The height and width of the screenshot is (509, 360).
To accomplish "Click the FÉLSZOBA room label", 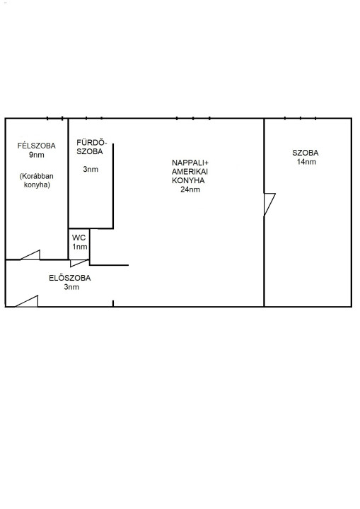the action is tap(36, 146).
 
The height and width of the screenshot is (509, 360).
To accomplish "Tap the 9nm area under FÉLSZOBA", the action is tap(36, 155).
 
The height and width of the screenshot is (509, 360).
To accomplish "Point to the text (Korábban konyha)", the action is tap(37, 180).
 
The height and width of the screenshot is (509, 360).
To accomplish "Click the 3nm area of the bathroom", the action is tap(91, 169).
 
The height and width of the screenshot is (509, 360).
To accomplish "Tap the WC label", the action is tap(79, 238).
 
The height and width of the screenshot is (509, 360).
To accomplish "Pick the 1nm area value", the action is tap(80, 247).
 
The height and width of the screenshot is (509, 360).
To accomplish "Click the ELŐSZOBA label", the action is tap(70, 278).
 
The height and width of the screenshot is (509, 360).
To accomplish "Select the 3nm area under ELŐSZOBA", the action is tap(71, 287).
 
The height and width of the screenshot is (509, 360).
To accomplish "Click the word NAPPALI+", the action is tap(190, 163).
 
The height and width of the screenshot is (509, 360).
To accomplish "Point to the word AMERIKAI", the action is tap(190, 171).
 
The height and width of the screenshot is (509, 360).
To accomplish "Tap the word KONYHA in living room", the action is tap(188, 180).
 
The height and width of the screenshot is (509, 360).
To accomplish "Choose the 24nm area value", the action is tap(190, 189).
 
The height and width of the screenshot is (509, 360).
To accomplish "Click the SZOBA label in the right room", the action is tap(306, 153).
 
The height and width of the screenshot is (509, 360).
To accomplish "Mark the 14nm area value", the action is tap(306, 162).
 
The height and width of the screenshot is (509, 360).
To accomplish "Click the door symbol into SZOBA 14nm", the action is tap(269, 204).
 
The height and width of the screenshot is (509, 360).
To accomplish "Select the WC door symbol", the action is tap(79, 263).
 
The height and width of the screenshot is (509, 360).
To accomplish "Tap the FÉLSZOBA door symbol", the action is tap(30, 255).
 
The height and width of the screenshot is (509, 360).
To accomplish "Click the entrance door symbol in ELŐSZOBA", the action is tap(27, 301).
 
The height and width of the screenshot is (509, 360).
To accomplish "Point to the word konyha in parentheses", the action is tap(37, 185).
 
